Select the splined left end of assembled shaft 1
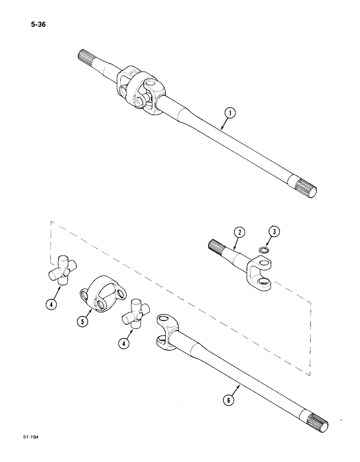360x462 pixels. click(84, 56)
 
